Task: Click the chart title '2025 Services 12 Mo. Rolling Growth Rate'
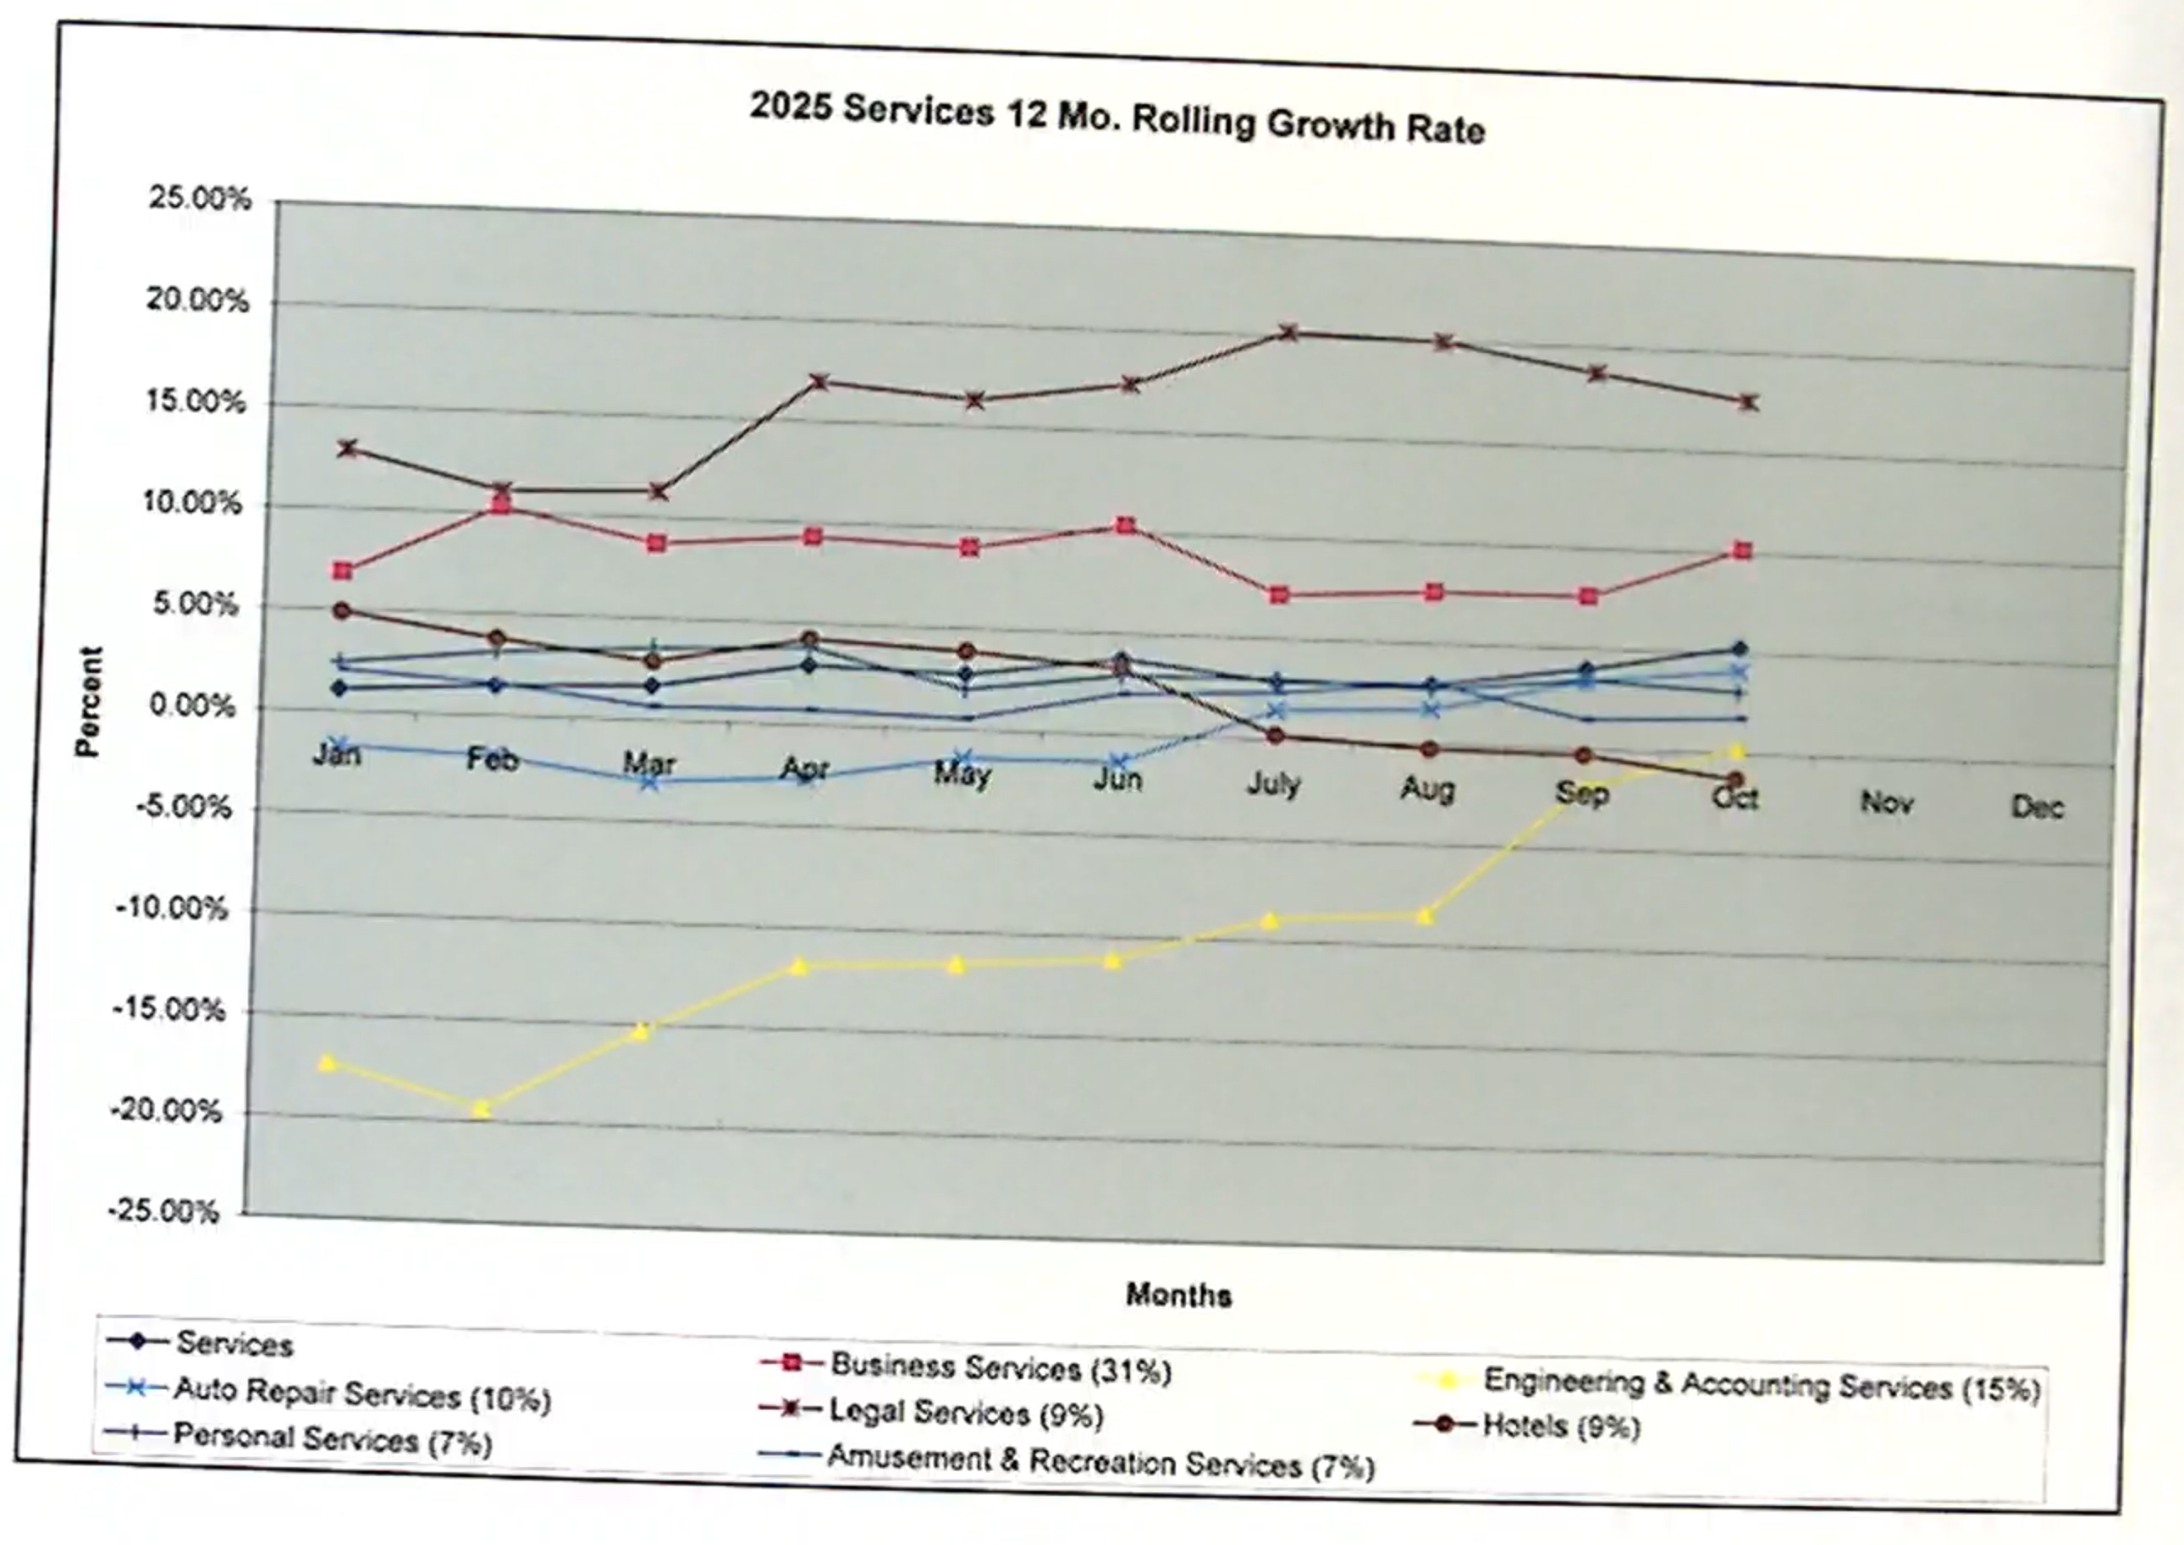click(1117, 118)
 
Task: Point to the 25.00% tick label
click(200, 199)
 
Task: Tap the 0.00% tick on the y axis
click(192, 707)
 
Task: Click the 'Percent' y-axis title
click(89, 701)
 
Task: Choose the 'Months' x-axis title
click(1178, 1294)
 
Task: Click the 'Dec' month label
click(2037, 808)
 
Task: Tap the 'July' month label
click(1273, 784)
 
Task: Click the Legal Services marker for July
click(1289, 332)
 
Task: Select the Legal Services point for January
click(347, 448)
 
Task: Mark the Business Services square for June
click(1125, 526)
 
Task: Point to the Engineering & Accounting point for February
click(482, 1109)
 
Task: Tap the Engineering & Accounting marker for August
click(1424, 917)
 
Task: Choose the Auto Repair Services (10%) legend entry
click(361, 1394)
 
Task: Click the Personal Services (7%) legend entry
click(332, 1439)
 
